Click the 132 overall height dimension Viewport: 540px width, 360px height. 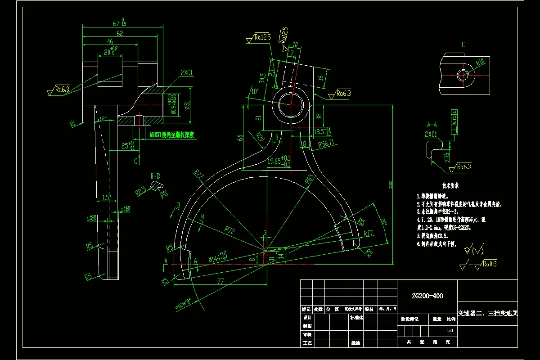coord(390,184)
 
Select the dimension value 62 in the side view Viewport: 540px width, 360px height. coord(120,34)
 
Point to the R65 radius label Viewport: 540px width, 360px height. coord(309,180)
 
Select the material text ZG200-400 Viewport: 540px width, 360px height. coord(427,296)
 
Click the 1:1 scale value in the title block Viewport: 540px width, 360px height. coord(450,330)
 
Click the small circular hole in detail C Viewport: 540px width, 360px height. coord(463,75)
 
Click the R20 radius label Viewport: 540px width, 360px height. coord(260,137)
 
